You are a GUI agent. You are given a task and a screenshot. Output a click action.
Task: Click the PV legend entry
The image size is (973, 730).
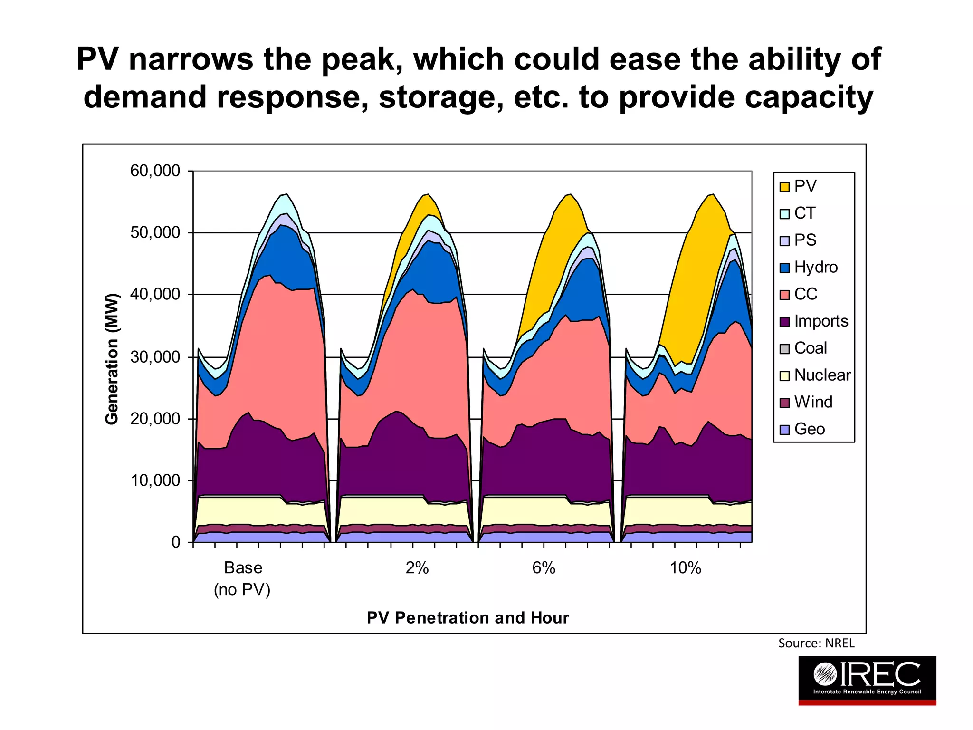(799, 186)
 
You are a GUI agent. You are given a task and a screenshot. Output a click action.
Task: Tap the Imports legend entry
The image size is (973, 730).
(814, 321)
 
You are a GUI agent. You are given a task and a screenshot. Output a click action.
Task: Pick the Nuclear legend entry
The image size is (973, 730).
(815, 375)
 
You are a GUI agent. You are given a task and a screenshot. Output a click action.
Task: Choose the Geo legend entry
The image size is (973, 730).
(802, 429)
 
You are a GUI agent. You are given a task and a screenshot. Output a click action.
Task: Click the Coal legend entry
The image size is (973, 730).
(803, 348)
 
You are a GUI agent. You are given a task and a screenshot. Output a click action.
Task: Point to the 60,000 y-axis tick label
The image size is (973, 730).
(155, 171)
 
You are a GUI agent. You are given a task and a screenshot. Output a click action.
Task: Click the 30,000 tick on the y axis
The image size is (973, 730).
(155, 357)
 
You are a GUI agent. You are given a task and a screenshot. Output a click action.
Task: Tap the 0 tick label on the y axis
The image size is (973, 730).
(176, 542)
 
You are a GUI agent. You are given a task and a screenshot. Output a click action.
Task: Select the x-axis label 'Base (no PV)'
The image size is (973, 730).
(243, 578)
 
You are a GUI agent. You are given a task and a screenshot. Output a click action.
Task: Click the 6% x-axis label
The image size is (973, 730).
(544, 568)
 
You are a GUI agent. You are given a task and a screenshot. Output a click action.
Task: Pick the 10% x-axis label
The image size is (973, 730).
(685, 568)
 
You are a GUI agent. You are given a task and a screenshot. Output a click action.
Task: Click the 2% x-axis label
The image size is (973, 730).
(417, 568)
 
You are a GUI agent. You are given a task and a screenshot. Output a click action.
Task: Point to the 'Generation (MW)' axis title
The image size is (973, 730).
(112, 359)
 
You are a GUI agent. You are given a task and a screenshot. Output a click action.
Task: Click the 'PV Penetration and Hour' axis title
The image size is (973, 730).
(467, 618)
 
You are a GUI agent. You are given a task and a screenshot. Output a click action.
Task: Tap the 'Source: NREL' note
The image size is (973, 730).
(816, 644)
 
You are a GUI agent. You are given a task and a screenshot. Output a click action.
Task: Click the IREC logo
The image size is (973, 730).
(867, 680)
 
